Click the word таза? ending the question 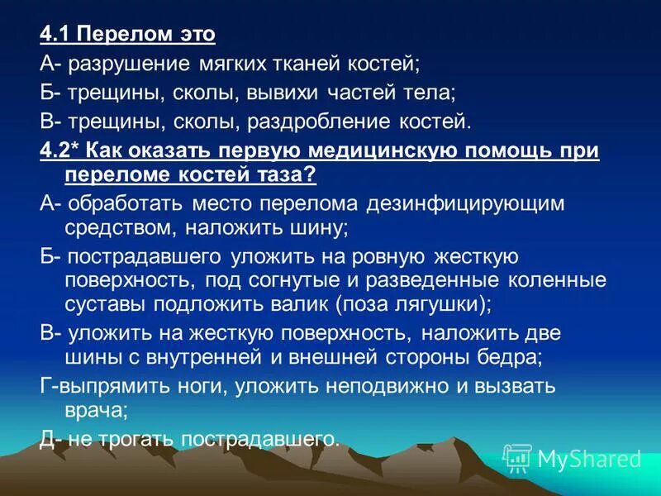pos(289,175)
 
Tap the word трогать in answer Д pos(134,438)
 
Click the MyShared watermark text pos(588,458)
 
